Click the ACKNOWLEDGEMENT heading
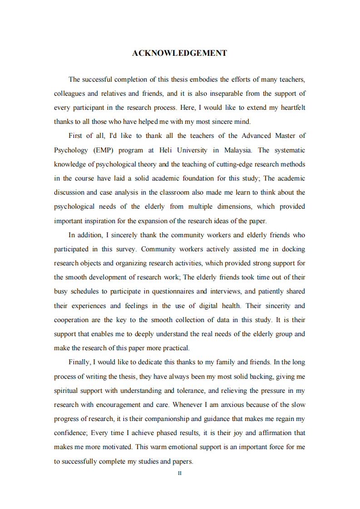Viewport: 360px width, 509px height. tap(179, 54)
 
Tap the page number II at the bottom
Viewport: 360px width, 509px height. tap(179, 473)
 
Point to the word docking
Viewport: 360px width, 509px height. tap(294, 249)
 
